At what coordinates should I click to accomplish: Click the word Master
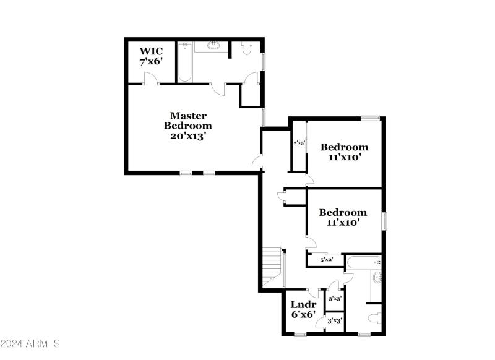188,116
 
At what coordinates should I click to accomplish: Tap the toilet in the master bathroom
247,49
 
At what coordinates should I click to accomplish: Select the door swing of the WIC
149,78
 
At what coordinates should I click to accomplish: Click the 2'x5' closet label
299,143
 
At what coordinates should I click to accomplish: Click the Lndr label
304,304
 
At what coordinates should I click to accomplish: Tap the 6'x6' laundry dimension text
304,314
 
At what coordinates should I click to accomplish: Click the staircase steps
272,266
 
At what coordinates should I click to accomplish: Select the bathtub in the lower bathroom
362,262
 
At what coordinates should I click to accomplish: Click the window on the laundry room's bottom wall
300,334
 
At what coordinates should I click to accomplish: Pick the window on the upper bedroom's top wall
370,118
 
